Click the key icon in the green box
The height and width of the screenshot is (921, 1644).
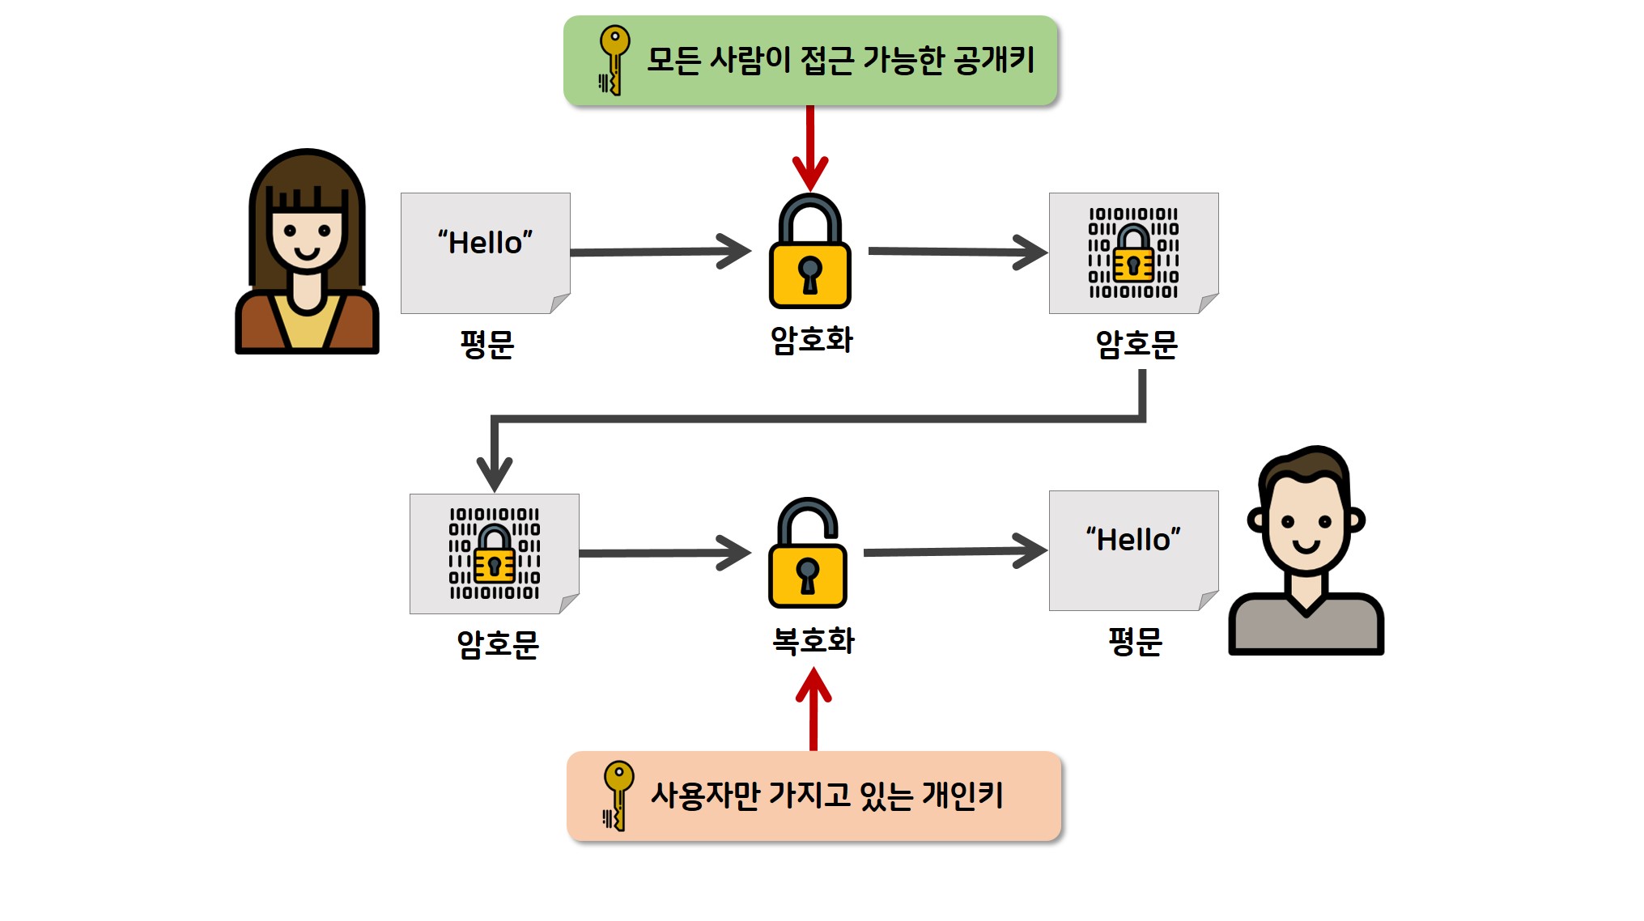point(614,61)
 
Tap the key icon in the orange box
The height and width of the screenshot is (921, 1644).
point(617,795)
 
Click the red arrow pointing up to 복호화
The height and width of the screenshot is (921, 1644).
point(814,708)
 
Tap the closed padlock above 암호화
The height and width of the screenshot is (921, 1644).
point(809,253)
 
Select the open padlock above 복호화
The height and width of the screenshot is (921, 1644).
point(808,554)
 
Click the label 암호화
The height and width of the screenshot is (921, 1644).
point(811,340)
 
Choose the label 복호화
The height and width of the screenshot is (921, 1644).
point(813,641)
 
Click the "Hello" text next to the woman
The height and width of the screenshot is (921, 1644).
point(485,243)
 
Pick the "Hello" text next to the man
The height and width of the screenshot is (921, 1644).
point(1133,540)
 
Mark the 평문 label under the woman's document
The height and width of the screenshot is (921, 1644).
point(486,345)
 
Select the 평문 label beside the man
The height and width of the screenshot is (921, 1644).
point(1135,642)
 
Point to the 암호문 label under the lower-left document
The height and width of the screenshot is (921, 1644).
point(497,645)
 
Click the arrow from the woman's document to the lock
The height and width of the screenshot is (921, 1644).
point(660,252)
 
